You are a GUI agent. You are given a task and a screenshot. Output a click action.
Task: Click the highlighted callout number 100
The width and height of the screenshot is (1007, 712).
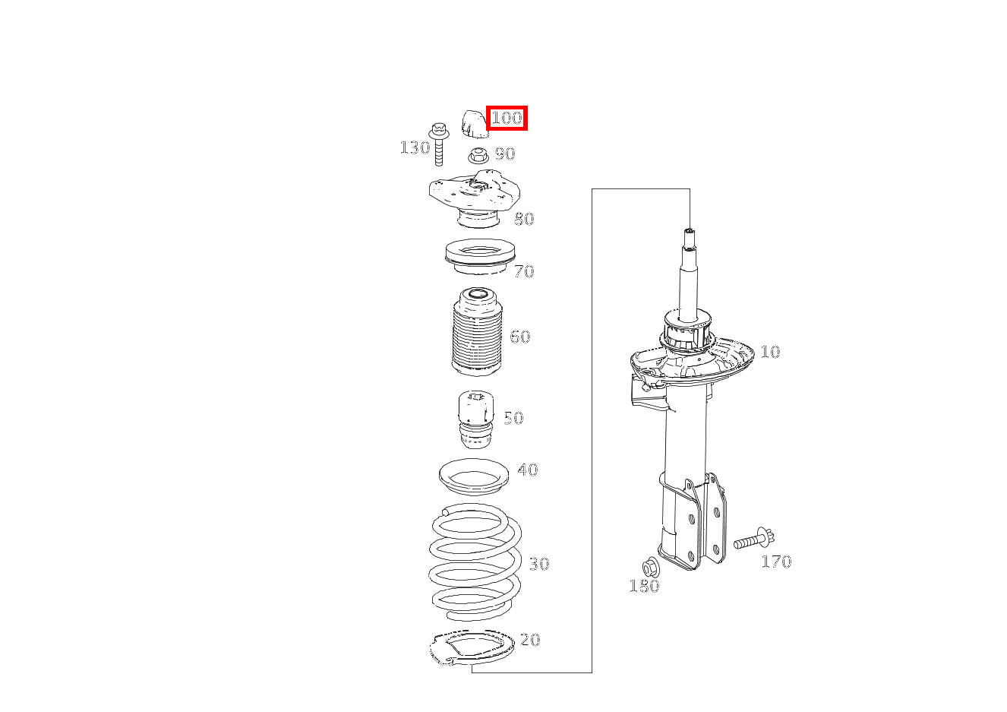tap(507, 119)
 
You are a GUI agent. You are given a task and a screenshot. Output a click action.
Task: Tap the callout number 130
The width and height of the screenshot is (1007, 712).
tap(415, 147)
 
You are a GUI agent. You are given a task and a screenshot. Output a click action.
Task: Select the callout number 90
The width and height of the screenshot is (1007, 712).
tap(505, 153)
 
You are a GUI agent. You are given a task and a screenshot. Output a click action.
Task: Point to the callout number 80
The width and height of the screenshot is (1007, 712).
tap(524, 219)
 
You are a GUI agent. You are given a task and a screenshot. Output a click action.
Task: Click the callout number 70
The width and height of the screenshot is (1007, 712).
tap(524, 271)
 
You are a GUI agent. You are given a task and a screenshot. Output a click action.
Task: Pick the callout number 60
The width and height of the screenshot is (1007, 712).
tap(520, 337)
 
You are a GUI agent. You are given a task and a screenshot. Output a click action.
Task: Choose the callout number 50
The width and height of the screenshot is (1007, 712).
tap(513, 418)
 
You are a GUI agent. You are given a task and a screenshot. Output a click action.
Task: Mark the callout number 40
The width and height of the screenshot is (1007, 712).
tap(528, 470)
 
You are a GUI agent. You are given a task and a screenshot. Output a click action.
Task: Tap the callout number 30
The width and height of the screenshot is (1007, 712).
tap(539, 564)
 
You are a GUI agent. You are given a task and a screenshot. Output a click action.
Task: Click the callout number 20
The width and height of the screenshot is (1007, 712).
tap(530, 640)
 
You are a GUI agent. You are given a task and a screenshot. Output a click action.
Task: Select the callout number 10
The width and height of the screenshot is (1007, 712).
tap(770, 352)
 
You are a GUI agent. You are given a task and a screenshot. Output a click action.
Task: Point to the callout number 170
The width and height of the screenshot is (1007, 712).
tap(776, 562)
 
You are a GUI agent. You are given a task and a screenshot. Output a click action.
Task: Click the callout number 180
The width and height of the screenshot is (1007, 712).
tap(644, 586)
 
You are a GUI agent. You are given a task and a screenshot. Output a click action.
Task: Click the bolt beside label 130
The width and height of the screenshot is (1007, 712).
tap(439, 144)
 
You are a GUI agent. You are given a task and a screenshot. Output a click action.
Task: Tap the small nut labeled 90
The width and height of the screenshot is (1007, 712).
tap(478, 156)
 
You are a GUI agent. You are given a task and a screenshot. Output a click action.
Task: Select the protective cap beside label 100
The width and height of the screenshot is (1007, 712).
tap(475, 123)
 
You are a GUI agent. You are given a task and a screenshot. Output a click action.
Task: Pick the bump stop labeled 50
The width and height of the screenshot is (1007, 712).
tap(475, 419)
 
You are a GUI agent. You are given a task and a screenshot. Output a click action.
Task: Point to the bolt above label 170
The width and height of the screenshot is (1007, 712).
tap(754, 540)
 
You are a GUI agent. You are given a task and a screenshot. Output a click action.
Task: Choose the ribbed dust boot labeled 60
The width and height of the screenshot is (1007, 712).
tap(477, 331)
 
